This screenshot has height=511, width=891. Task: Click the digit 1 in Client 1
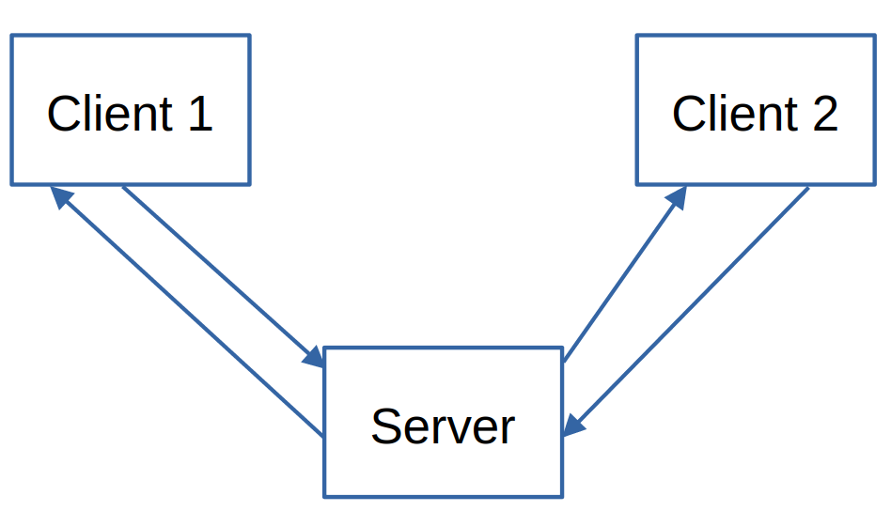pyautogui.click(x=199, y=114)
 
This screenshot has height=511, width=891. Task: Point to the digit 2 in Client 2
pyautogui.click(x=824, y=114)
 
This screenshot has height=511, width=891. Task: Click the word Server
pyautogui.click(x=443, y=426)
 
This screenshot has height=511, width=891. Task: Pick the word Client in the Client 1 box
pyautogui.click(x=109, y=114)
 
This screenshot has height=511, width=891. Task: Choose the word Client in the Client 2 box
pyautogui.click(x=734, y=114)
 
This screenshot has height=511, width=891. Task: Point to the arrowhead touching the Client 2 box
pyautogui.click(x=676, y=195)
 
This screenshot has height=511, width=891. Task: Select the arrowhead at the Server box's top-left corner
pyautogui.click(x=312, y=356)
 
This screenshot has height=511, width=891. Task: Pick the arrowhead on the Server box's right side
pyautogui.click(x=574, y=426)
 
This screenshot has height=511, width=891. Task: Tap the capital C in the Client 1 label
pyautogui.click(x=63, y=114)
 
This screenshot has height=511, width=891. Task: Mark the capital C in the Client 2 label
pyautogui.click(x=688, y=114)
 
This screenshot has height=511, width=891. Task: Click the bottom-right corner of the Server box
pyautogui.click(x=562, y=496)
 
